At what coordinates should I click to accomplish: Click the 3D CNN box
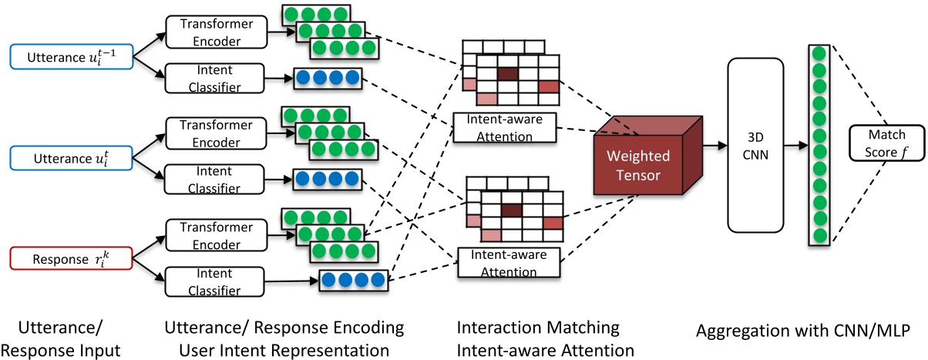click(755, 145)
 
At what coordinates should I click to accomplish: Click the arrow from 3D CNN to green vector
click(795, 145)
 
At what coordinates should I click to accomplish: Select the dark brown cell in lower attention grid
click(511, 209)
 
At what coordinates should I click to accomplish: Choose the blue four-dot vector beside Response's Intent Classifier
click(351, 281)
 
